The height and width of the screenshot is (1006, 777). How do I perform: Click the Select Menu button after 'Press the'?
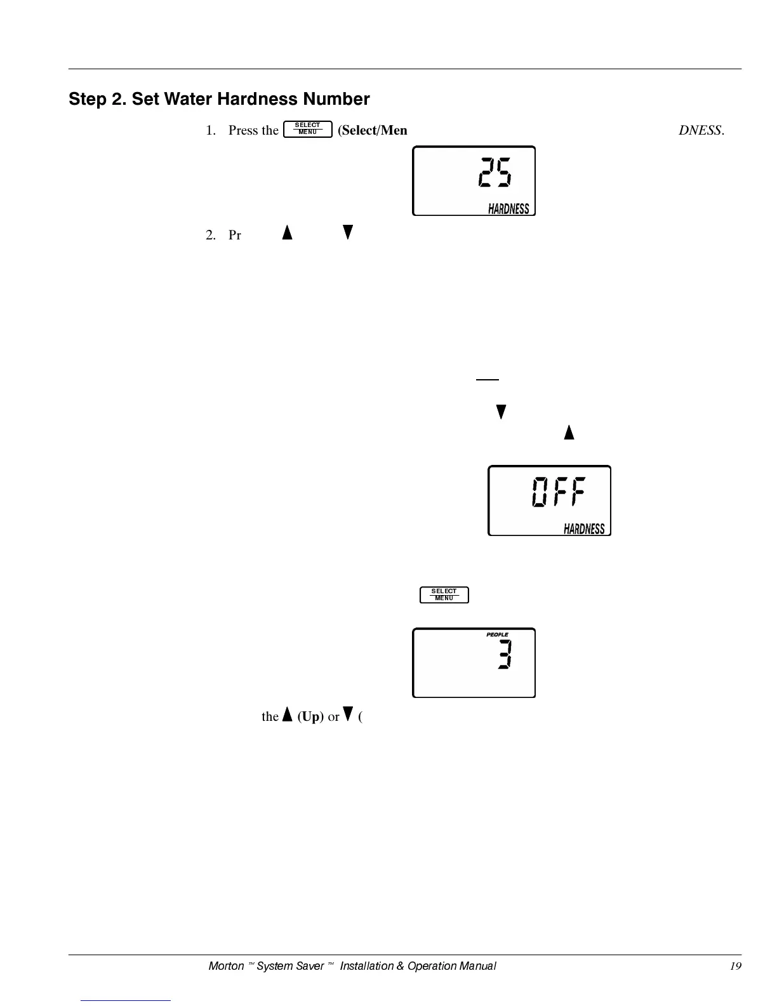[x=308, y=129]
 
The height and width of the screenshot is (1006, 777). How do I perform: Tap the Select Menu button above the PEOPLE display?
[x=444, y=594]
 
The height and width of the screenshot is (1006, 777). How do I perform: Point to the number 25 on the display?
[x=495, y=173]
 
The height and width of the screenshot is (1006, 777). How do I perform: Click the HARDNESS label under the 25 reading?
[x=508, y=209]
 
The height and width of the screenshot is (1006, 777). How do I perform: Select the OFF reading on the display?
[x=559, y=492]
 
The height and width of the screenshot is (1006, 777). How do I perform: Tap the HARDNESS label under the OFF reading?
[x=584, y=529]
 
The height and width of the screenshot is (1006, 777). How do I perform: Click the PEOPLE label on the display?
[x=497, y=634]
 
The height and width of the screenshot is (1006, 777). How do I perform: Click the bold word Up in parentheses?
[x=310, y=716]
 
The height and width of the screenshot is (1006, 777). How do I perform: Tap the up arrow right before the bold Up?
[x=287, y=715]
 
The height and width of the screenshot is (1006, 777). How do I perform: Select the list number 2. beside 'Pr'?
[x=211, y=235]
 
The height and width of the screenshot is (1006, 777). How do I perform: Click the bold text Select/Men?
[x=373, y=130]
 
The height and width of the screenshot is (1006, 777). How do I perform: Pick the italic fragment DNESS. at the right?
[x=701, y=130]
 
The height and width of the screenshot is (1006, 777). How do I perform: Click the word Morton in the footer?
[x=226, y=966]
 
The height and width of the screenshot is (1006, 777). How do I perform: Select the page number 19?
[x=735, y=966]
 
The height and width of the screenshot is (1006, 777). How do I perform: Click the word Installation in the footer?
[x=366, y=966]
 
